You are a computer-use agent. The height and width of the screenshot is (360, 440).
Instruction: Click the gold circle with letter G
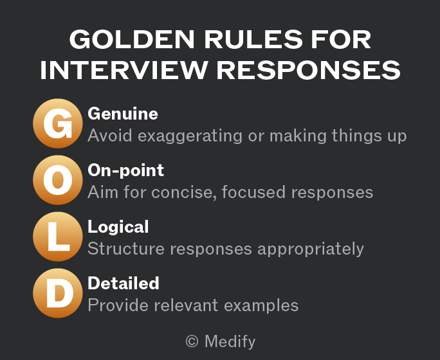pos(58,123)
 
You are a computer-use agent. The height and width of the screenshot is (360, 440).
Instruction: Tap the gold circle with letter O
pos(58,180)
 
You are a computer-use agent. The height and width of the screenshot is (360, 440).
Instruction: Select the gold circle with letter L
pos(58,237)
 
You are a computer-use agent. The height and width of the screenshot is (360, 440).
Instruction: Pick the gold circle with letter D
pos(58,293)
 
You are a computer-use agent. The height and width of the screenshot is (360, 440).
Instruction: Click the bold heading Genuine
pos(123,114)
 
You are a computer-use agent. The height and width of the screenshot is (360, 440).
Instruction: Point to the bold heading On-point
pos(125,170)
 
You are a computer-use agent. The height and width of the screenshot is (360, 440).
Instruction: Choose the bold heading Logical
pos(118,227)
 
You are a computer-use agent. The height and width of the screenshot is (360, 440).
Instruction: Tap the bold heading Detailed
pos(124,283)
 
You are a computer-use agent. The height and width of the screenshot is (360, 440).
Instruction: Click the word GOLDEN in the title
pos(132,39)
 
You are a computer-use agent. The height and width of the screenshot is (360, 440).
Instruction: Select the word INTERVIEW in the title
pos(124,70)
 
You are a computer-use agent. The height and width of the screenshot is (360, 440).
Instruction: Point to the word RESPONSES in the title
pos(308,70)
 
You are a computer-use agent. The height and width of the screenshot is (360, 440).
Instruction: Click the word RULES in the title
pos(253,39)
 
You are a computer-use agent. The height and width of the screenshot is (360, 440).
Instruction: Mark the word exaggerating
pos(190,136)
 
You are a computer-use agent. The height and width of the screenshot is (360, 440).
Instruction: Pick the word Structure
pos(126,249)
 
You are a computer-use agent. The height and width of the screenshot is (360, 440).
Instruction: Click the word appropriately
pos(311,249)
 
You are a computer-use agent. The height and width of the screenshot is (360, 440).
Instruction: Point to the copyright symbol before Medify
pos(192,342)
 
